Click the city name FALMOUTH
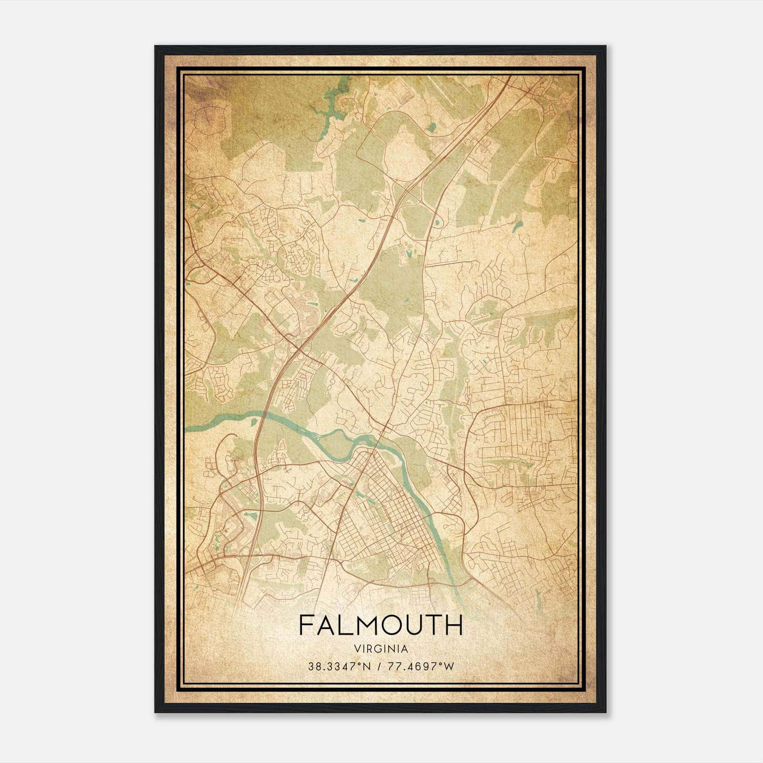(381, 625)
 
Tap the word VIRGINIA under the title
(381, 649)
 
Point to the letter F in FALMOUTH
(305, 625)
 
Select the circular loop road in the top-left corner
(208, 117)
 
